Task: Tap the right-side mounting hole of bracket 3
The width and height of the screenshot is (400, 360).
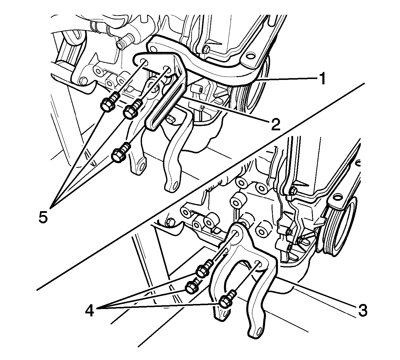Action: coord(258,264)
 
